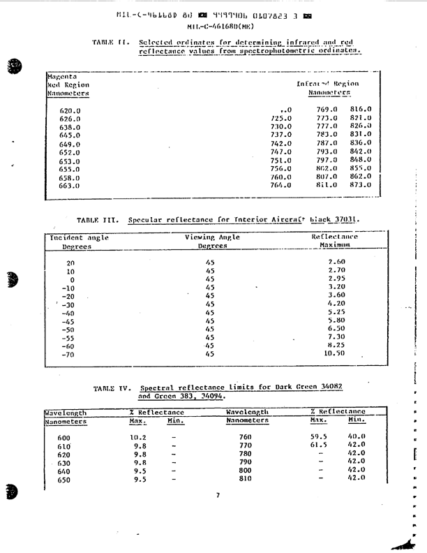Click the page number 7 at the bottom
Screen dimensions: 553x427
218,495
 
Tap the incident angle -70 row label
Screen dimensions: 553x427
68,354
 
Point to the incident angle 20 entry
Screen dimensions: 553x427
70,263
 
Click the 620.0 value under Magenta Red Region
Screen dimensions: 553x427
70,110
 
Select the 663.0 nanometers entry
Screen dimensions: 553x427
70,186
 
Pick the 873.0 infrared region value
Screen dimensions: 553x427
361,185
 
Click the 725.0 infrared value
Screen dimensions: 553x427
280,119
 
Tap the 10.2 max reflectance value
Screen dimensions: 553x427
139,437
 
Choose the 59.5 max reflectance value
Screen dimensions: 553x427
318,437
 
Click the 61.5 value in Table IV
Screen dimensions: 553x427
318,445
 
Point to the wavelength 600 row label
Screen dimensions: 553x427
64,437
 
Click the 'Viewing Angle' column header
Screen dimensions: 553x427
212,237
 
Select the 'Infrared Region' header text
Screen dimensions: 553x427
327,84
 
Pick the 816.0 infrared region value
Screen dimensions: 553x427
361,110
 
